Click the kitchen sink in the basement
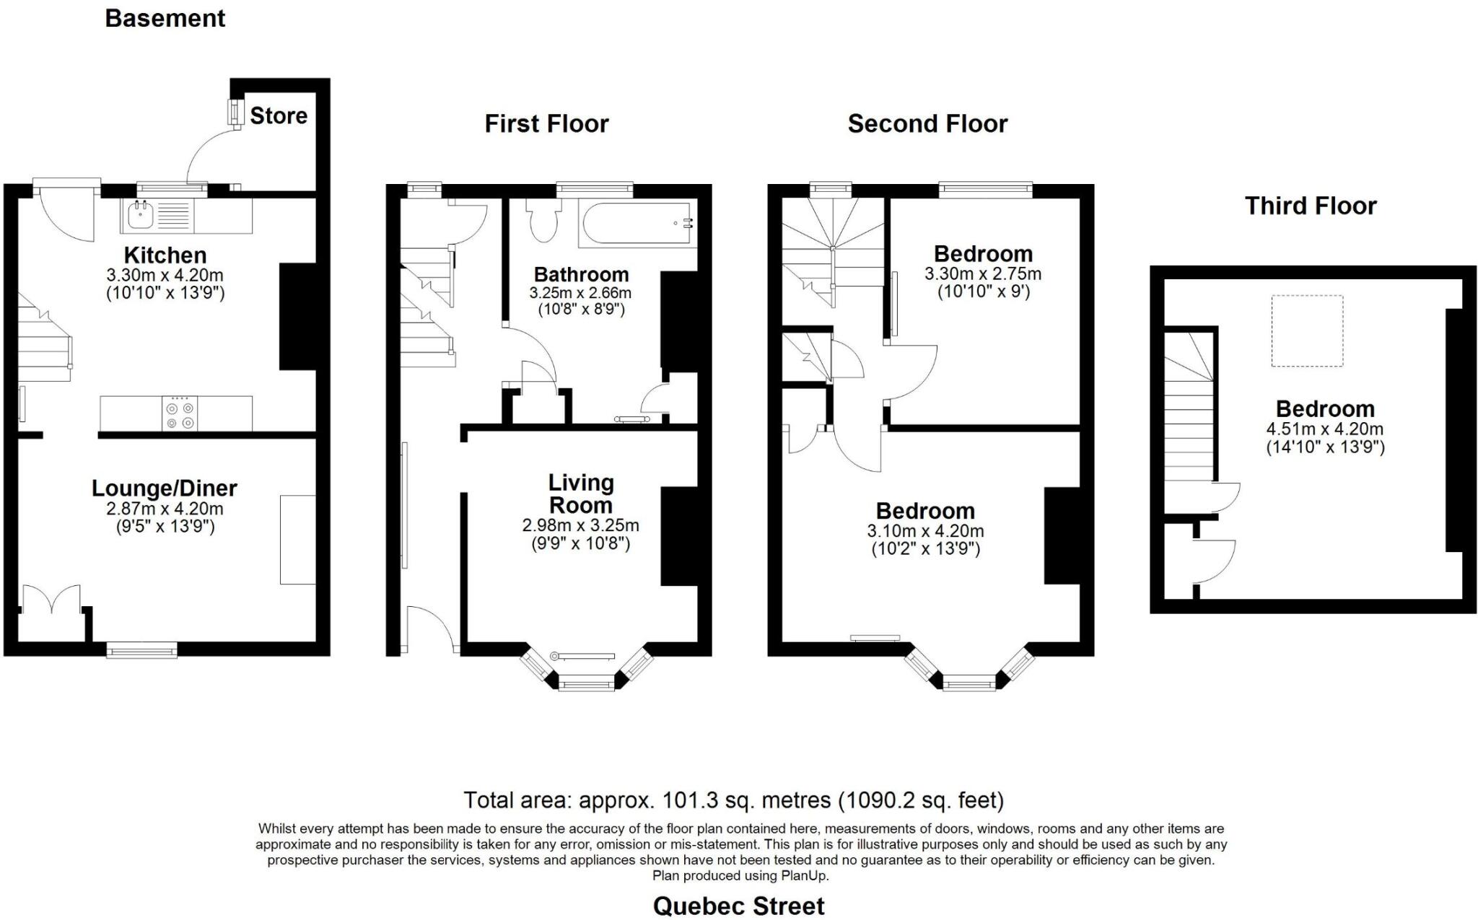coord(138,215)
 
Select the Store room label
coord(279,115)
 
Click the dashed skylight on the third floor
coord(1307,330)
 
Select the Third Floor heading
coord(1311,206)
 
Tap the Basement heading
coord(165,18)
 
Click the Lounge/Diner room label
coord(165,489)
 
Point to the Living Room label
coord(581,494)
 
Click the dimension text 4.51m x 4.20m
coord(1325,429)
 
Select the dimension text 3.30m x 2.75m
coord(983,273)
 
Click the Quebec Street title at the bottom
coord(738,906)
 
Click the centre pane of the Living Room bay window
coord(586,683)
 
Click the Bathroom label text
coord(581,275)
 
